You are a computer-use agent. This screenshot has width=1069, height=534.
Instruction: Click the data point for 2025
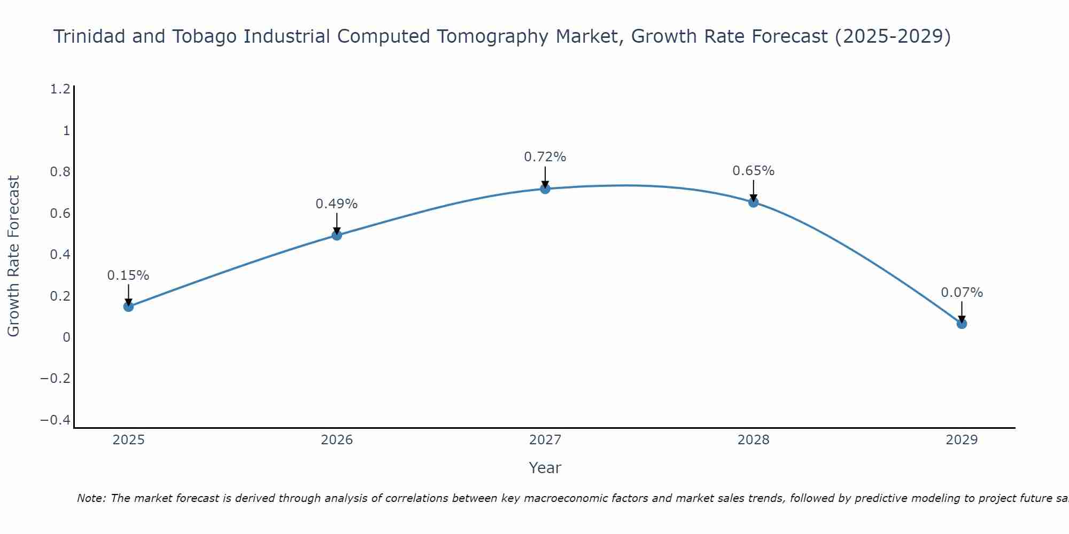(x=128, y=307)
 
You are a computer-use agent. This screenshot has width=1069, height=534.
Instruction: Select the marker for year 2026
(x=337, y=235)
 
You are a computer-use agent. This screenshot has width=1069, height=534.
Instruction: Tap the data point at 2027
(x=545, y=189)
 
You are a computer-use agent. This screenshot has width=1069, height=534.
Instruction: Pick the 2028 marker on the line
(x=754, y=202)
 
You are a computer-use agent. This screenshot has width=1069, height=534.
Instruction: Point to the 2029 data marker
(x=962, y=324)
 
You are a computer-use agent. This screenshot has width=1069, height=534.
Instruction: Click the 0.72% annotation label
(x=545, y=157)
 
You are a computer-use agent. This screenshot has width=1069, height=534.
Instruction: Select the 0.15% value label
(x=128, y=276)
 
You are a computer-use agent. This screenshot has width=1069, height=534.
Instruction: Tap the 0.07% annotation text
(x=962, y=293)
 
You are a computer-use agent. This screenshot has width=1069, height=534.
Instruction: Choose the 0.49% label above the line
(x=336, y=204)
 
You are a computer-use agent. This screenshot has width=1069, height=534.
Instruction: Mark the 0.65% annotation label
(x=753, y=171)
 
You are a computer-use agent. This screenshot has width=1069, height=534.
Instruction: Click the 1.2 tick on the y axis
(x=60, y=89)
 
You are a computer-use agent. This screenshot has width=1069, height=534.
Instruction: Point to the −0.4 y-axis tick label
(x=55, y=420)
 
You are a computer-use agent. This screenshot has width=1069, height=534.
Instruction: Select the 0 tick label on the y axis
(x=66, y=337)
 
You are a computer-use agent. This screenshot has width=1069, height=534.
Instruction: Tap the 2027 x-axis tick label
(x=545, y=440)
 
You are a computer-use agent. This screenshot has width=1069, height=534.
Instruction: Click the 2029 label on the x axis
(x=962, y=440)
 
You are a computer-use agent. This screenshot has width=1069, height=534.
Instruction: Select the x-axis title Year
(x=545, y=468)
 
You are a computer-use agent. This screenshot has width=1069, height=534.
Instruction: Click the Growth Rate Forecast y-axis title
(x=13, y=256)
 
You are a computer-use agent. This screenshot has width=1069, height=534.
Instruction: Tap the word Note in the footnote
(x=91, y=498)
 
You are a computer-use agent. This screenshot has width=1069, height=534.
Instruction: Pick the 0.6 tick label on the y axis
(x=60, y=214)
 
